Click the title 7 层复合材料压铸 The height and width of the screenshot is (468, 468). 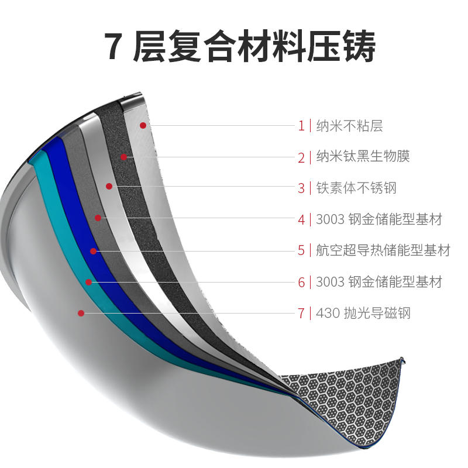240,47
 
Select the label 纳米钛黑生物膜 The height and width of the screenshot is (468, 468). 363,157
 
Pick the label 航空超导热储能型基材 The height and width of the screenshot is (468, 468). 383,251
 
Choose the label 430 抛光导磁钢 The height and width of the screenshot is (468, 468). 363,314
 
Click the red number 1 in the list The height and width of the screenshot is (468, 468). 301,125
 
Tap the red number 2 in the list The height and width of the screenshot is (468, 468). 301,157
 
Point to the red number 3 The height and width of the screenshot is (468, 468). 301,188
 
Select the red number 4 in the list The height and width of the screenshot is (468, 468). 301,220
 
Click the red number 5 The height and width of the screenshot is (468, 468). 301,251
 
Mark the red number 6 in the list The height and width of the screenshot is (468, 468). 301,283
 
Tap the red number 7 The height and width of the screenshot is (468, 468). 301,314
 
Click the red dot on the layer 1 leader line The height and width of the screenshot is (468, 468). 142,125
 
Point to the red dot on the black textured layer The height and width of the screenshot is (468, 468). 124,157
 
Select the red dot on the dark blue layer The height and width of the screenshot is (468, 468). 93,251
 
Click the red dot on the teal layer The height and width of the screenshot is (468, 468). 88,282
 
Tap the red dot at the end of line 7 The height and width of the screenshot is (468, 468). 81,313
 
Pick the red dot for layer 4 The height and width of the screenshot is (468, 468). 98,218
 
